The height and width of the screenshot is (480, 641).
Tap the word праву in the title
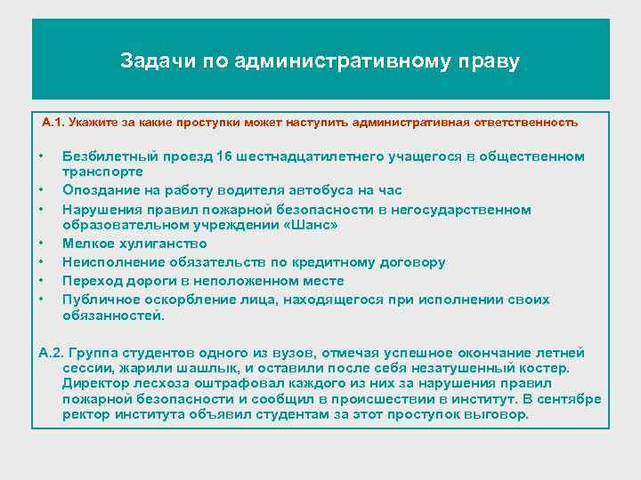click(488, 62)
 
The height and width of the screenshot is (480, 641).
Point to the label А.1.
click(54, 122)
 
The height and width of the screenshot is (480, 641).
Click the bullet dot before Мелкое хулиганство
click(42, 243)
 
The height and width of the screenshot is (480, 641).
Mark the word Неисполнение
click(109, 262)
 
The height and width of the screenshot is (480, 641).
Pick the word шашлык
click(211, 368)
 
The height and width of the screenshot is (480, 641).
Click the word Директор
click(93, 384)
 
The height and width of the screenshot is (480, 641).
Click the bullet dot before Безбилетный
click(42, 156)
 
